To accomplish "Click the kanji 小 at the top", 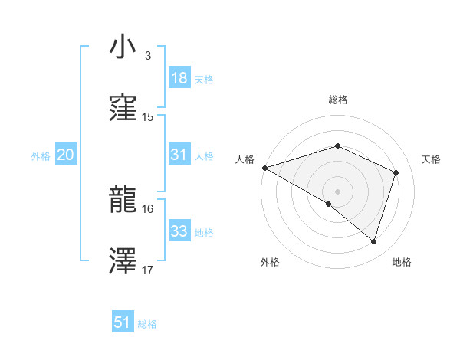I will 123,47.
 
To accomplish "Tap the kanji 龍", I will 123,201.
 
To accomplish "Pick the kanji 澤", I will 123,262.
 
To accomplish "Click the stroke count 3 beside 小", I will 147,56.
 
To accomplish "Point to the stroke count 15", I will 148,117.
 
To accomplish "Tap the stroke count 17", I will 148,270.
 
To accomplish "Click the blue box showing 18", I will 179,78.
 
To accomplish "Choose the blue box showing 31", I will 179,155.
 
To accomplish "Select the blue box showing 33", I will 179,231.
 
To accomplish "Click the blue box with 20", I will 65,155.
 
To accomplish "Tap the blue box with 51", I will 123,322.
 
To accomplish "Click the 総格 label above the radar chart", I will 337,100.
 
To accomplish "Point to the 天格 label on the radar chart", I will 431,159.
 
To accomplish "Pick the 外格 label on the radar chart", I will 270,262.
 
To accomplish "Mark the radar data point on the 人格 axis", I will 264,168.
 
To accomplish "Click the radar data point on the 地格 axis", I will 373,242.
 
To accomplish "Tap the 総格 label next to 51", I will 147,324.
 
